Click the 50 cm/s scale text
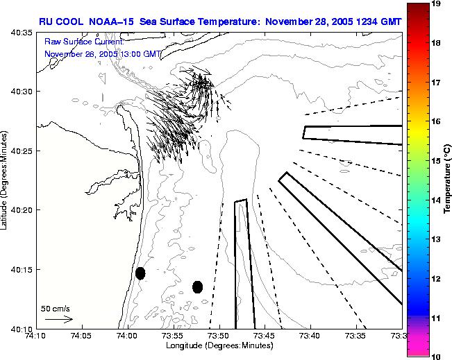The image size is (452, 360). [x=55, y=307]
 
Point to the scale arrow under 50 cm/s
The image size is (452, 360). [x=58, y=319]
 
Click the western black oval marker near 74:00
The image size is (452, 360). [x=140, y=273]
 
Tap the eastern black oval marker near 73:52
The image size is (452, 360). [x=197, y=286]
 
